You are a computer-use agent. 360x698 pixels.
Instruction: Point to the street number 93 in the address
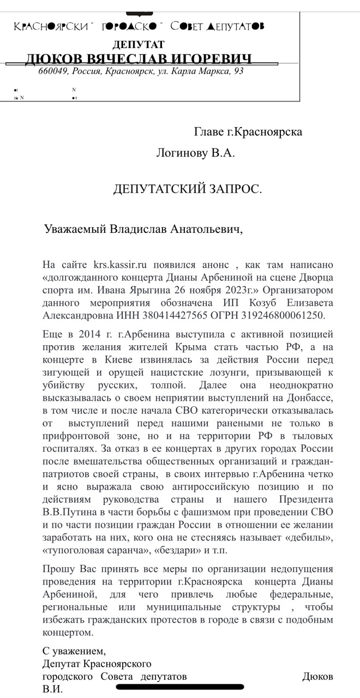pos(238,71)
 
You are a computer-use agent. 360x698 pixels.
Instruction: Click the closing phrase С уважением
pos(74,651)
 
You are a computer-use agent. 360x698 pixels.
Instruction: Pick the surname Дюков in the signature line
pos(317,677)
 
